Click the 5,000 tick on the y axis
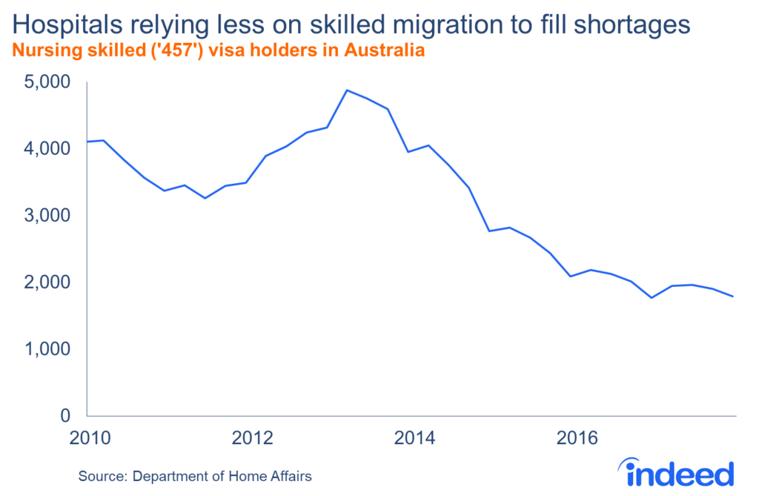tap(51, 82)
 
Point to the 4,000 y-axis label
tap(51, 148)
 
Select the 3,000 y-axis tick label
tap(51, 215)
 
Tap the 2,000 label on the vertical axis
tap(51, 282)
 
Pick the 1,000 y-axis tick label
tap(51, 348)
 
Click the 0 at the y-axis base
tap(65, 415)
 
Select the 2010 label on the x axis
tap(87, 437)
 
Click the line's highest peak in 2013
tap(348, 90)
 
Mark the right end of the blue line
tap(734, 297)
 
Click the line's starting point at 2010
tap(87, 142)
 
